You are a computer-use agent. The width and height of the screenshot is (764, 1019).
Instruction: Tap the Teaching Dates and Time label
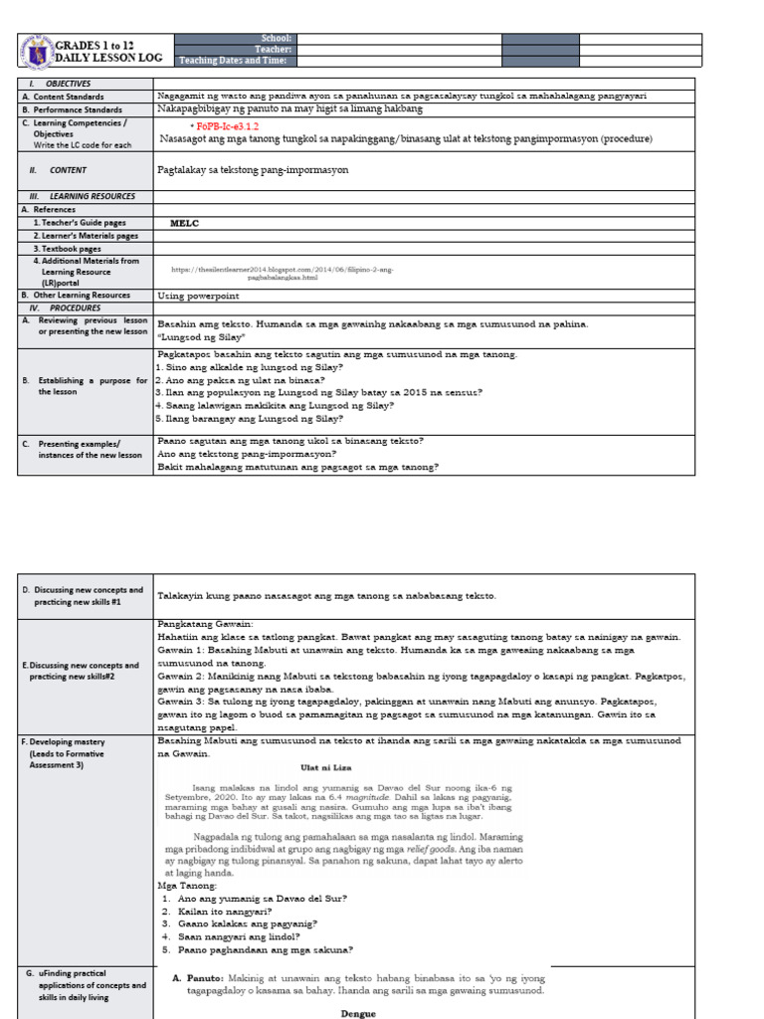(x=234, y=61)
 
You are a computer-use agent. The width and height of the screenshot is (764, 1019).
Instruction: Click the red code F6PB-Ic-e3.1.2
(x=229, y=127)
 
